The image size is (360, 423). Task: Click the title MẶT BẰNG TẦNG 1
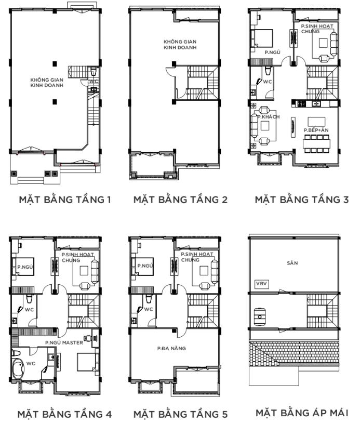[x=61, y=199]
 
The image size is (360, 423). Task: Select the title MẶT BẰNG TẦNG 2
[x=180, y=199]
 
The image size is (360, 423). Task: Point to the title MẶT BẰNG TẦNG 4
[x=61, y=414]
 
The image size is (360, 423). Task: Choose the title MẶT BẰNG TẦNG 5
[x=180, y=414]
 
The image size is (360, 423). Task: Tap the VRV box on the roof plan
[x=260, y=284]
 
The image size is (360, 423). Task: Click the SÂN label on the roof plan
[x=292, y=263]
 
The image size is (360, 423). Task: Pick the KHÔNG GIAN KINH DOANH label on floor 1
[x=47, y=83]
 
